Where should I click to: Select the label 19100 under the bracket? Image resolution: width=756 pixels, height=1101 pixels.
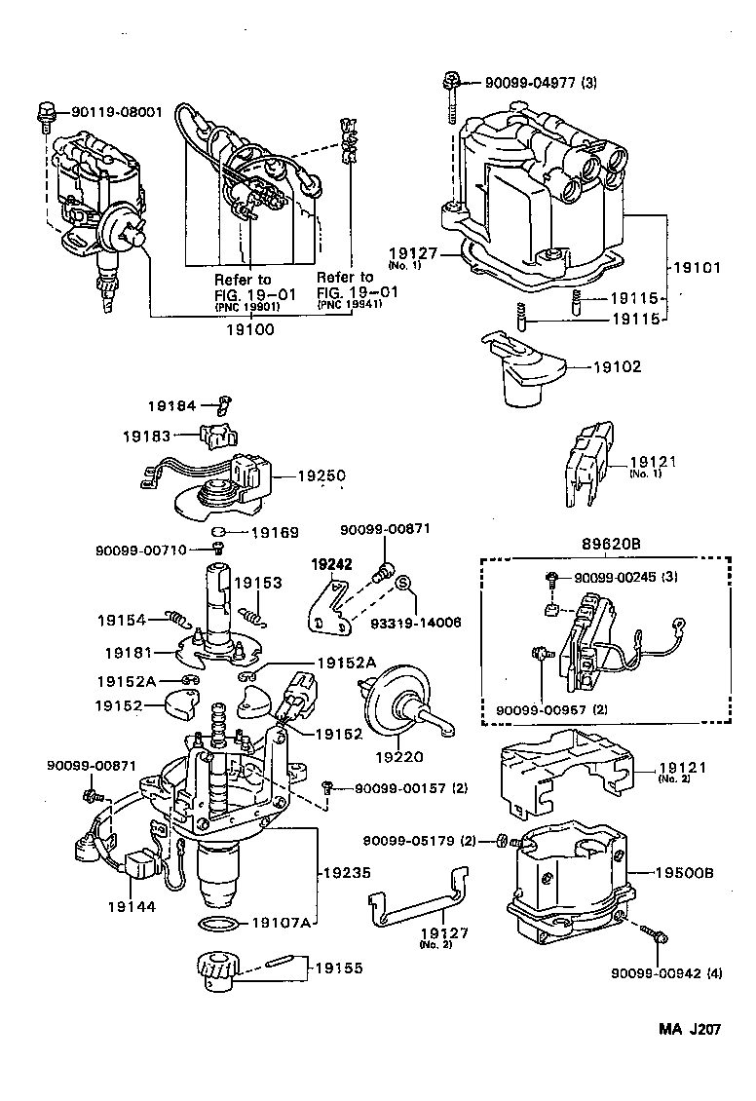pos(251,330)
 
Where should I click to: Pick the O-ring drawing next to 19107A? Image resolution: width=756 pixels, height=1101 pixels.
pos(218,922)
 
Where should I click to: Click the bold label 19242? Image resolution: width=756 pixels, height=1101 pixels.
pos(331,564)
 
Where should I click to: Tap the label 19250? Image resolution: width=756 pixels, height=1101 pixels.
pos(321,476)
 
